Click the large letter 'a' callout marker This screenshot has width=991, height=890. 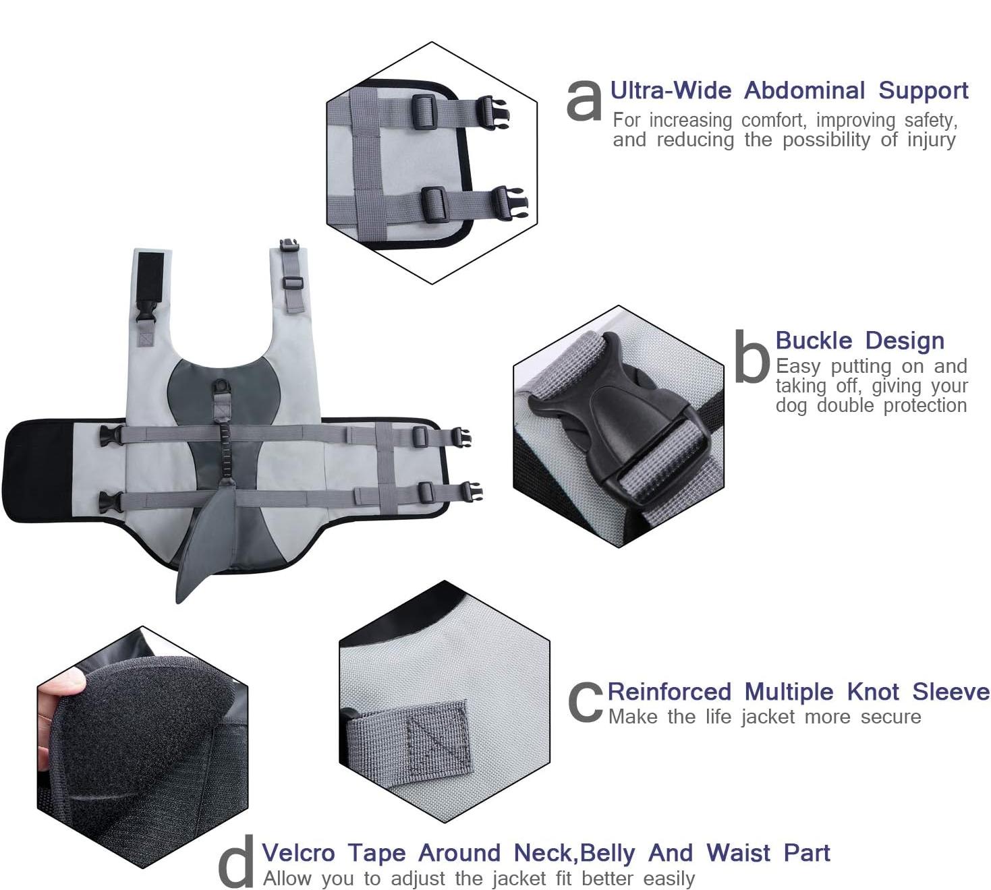[x=584, y=100]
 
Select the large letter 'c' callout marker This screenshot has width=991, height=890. [x=585, y=703]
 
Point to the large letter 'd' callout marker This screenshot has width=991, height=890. [x=236, y=862]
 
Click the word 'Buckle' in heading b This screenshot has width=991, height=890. [x=814, y=340]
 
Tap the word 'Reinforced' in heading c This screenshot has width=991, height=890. [x=669, y=692]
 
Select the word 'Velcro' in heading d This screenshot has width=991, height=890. [x=298, y=853]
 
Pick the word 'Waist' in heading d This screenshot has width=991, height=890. [x=739, y=853]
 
